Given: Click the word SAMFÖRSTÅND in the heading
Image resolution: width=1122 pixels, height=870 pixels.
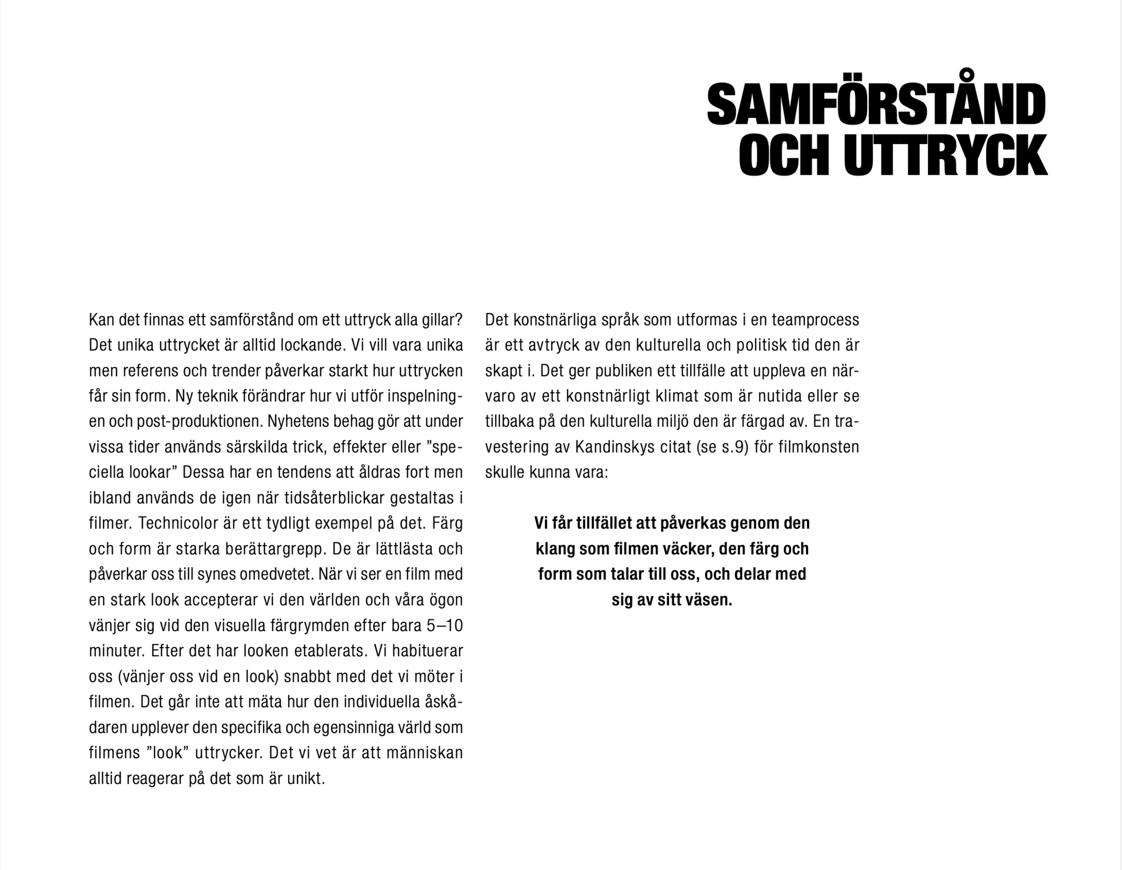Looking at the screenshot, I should pos(876,105).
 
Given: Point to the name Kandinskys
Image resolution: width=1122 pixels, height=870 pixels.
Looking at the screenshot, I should pos(615,447).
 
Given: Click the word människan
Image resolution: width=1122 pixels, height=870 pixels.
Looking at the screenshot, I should pos(425,753).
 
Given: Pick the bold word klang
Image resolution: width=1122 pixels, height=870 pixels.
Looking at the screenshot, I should pos(554,549).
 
